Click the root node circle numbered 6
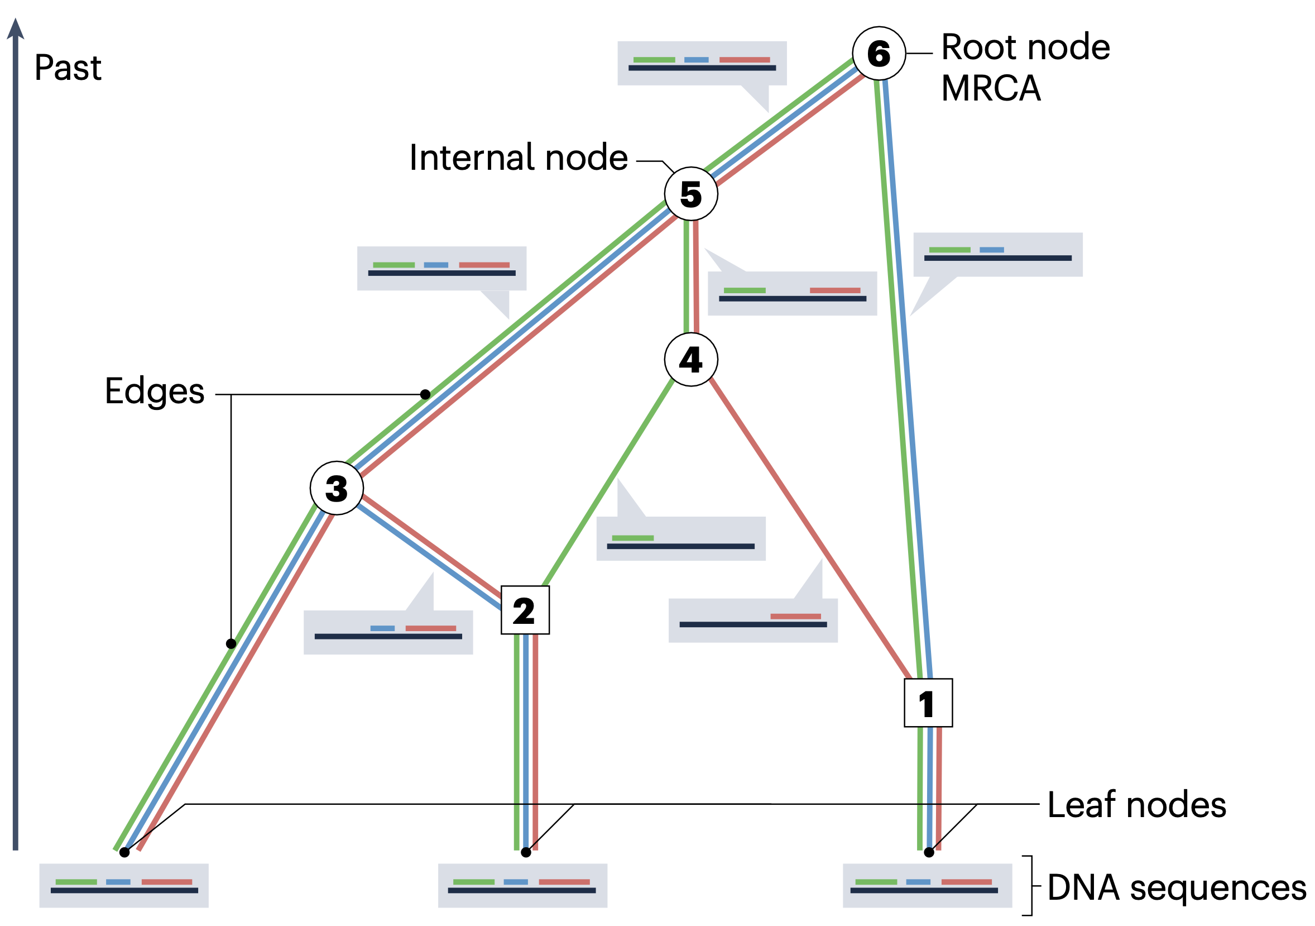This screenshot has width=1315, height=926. click(879, 53)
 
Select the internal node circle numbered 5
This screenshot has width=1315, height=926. click(691, 194)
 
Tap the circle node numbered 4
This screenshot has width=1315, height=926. click(691, 359)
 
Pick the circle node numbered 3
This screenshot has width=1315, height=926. click(336, 488)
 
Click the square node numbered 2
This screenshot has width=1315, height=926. click(525, 610)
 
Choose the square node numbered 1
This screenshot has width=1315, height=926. click(928, 703)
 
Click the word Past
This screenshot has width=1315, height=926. click(68, 68)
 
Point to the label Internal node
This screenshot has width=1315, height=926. click(519, 157)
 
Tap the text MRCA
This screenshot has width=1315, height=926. click(991, 88)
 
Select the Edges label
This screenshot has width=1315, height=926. click(155, 392)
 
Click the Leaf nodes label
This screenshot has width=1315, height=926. click(1137, 804)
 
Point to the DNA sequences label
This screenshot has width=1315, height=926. click(1177, 888)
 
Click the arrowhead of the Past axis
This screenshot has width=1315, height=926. click(16, 28)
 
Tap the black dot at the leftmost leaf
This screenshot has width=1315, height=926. click(124, 852)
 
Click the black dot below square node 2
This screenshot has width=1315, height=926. click(526, 852)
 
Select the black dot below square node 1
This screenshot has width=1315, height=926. click(929, 852)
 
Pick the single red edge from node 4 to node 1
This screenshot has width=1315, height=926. click(809, 528)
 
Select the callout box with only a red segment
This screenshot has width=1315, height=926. click(752, 620)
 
